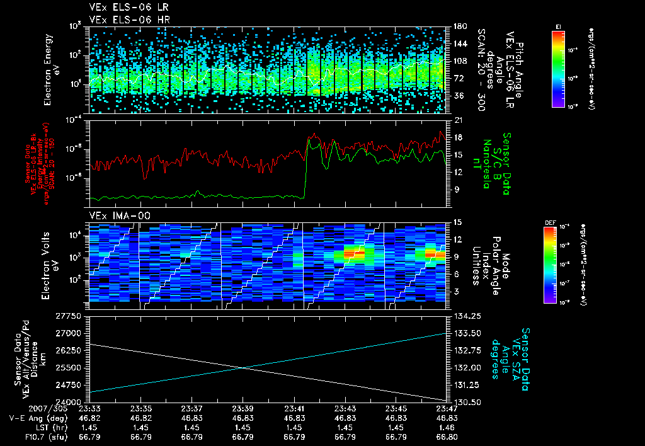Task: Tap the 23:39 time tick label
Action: tap(243, 408)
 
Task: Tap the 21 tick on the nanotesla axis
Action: tap(456, 120)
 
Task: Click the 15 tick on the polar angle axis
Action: tap(456, 222)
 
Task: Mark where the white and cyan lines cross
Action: tap(244, 367)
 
